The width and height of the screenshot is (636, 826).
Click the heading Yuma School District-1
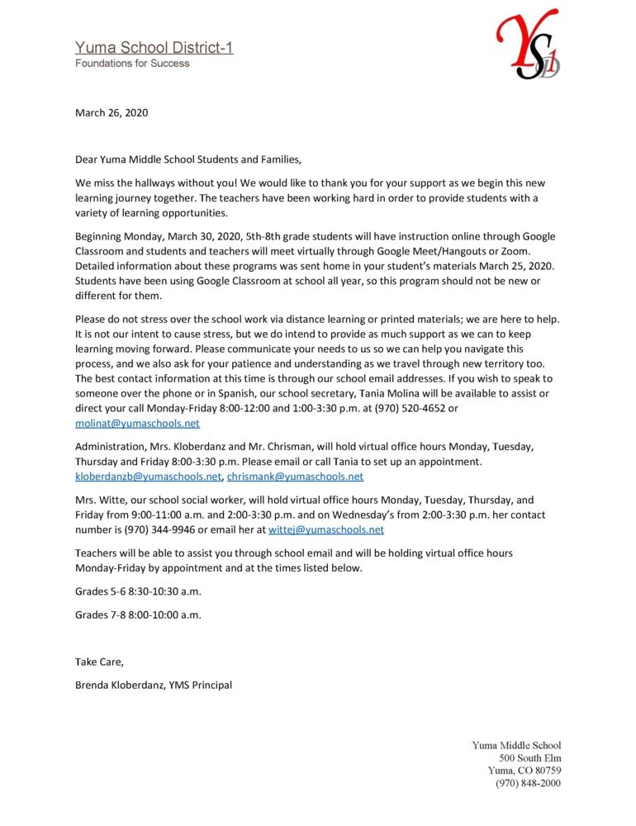pyautogui.click(x=154, y=48)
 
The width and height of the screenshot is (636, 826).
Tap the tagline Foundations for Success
pyautogui.click(x=132, y=64)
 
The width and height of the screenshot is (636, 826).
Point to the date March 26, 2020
pyautogui.click(x=112, y=113)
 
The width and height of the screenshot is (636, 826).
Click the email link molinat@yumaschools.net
pyautogui.click(x=137, y=424)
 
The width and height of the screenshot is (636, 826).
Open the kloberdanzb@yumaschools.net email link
pyautogui.click(x=148, y=477)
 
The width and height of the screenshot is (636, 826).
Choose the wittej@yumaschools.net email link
pyautogui.click(x=326, y=529)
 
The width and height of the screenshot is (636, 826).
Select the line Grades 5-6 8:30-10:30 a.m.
pyautogui.click(x=138, y=591)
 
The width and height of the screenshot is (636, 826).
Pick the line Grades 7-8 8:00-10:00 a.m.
pyautogui.click(x=138, y=615)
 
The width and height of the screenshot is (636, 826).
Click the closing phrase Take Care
pyautogui.click(x=99, y=662)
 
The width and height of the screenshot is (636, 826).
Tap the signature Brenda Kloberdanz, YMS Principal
pyautogui.click(x=154, y=685)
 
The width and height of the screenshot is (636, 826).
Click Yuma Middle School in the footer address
pyautogui.click(x=516, y=745)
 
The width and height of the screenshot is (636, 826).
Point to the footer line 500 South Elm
pyautogui.click(x=529, y=758)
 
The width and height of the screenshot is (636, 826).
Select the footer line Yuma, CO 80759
pyautogui.click(x=524, y=771)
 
